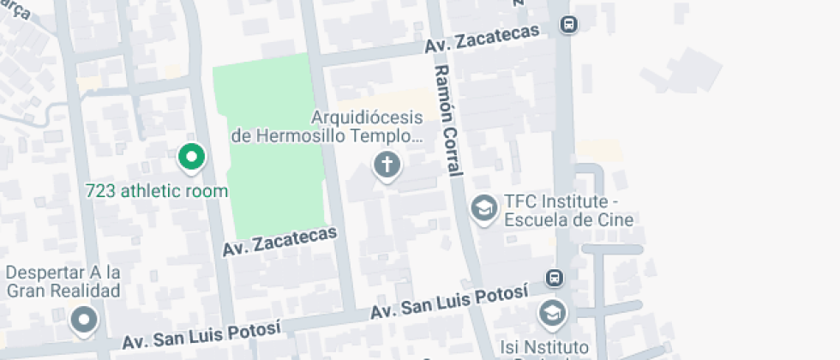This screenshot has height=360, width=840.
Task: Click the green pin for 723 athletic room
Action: tap(192, 157)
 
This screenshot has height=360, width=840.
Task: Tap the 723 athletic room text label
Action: tap(158, 190)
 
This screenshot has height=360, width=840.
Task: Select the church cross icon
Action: tap(387, 164)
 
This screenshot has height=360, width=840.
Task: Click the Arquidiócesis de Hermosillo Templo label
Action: tap(327, 126)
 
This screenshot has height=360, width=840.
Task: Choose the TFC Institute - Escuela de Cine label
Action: tap(568, 211)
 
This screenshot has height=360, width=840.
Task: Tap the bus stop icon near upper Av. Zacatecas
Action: tap(568, 25)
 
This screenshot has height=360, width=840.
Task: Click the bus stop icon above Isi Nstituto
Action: tap(555, 279)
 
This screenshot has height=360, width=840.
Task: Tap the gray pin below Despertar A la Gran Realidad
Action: tap(83, 321)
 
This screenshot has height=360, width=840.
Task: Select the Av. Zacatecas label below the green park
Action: tap(279, 241)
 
